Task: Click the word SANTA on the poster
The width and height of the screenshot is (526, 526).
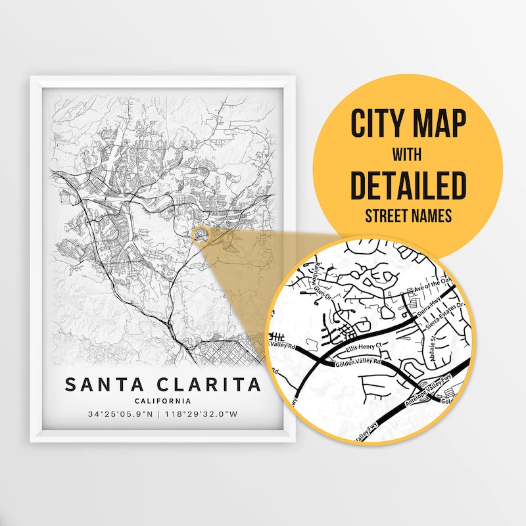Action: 99,384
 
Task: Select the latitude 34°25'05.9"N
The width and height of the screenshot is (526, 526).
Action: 121,414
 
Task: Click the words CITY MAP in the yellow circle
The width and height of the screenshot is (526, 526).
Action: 408,123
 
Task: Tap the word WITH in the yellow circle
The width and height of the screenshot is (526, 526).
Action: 408,156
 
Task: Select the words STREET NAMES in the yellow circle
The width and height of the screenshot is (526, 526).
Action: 408,216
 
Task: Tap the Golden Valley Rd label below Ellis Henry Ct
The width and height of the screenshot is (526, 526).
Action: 358,362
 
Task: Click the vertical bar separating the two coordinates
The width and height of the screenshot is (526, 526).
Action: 160,414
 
